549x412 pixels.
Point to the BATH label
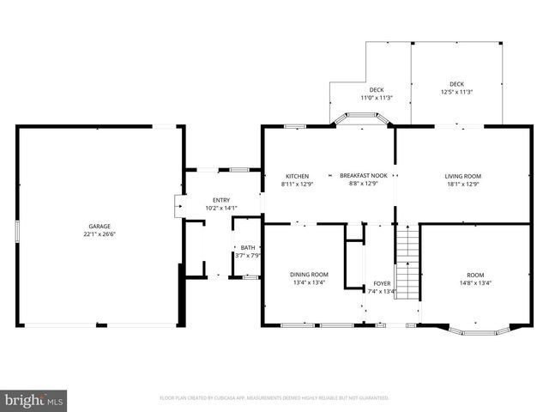pyautogui.click(x=247, y=247)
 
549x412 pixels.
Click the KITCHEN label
pyautogui.click(x=297, y=176)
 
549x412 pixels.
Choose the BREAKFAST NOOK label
pyautogui.click(x=363, y=176)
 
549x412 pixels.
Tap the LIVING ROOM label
pyautogui.click(x=462, y=176)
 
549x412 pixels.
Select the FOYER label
pyautogui.click(x=382, y=283)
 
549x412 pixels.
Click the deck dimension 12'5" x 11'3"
pyautogui.click(x=456, y=92)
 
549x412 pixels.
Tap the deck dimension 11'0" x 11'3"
pyautogui.click(x=376, y=98)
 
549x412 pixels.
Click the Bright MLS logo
pyautogui.click(x=34, y=400)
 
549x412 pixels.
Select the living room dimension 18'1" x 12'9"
pyautogui.click(x=462, y=184)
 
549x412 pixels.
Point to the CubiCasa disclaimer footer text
pyautogui.click(x=274, y=398)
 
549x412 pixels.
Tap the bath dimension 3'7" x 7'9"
pyautogui.click(x=247, y=255)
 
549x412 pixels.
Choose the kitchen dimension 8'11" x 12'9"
pyautogui.click(x=297, y=184)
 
